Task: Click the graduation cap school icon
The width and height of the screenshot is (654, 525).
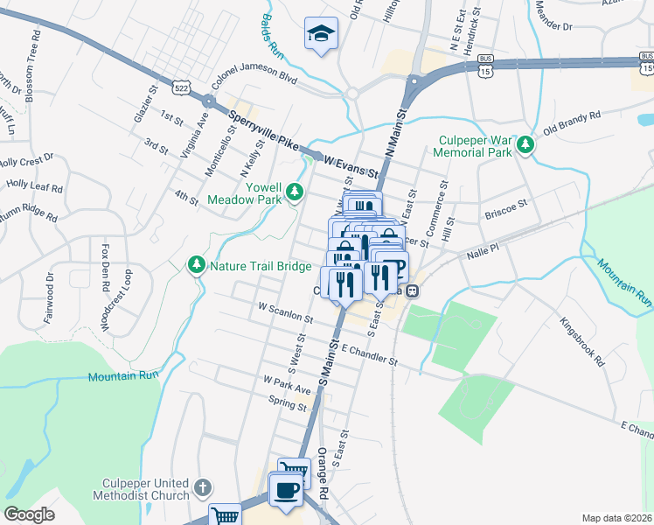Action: point(321,34)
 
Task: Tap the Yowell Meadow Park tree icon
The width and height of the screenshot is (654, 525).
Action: point(296,190)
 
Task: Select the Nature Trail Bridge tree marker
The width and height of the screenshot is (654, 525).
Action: point(197,264)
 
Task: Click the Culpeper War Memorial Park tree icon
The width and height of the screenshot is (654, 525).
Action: point(525,144)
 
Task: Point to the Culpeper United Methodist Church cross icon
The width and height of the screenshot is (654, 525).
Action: point(202,487)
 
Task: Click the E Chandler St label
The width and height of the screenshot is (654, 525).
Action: point(369,353)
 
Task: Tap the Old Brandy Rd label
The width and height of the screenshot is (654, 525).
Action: point(573,122)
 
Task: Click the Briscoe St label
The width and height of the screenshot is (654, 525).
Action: point(506,208)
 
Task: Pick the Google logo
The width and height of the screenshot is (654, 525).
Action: point(30,514)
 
